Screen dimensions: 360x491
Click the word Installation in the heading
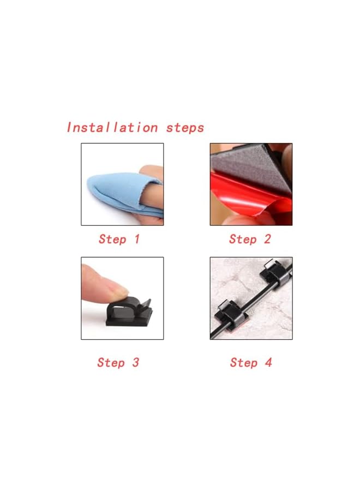click(x=112, y=127)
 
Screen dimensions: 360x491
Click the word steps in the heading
click(x=185, y=128)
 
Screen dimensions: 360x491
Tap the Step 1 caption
click(x=119, y=239)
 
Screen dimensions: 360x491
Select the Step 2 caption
click(x=249, y=239)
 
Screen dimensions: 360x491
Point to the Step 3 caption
click(x=118, y=362)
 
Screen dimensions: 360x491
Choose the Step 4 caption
click(x=251, y=362)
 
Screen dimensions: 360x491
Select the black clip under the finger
click(x=129, y=312)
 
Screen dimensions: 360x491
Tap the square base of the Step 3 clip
click(x=129, y=319)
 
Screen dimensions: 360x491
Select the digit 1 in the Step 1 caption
click(x=136, y=239)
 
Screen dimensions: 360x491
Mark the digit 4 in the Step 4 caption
click(x=268, y=362)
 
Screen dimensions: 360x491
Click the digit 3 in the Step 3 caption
click(x=135, y=362)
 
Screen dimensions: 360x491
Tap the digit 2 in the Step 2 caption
click(x=267, y=239)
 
